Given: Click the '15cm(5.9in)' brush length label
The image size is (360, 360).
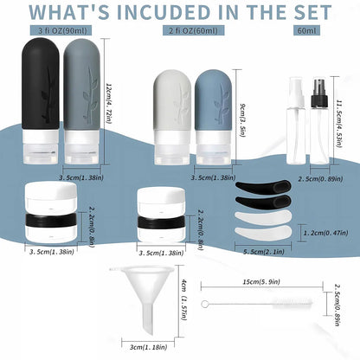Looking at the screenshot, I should [260, 281].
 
